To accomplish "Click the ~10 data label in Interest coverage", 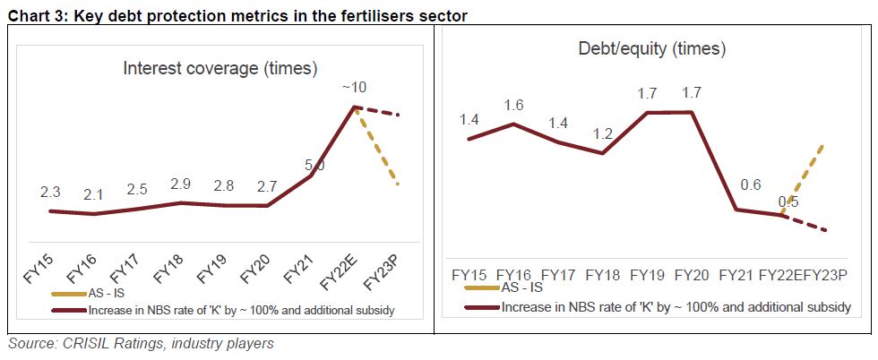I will click(x=355, y=88).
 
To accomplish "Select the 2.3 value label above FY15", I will click(x=51, y=193).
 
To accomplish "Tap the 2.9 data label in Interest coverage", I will click(x=182, y=184).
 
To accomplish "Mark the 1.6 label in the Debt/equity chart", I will click(x=513, y=105).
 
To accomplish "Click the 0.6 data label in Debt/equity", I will click(x=736, y=185).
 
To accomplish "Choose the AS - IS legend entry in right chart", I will click(x=521, y=287).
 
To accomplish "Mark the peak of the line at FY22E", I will click(x=355, y=107).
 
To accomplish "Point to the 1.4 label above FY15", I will click(x=469, y=118).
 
